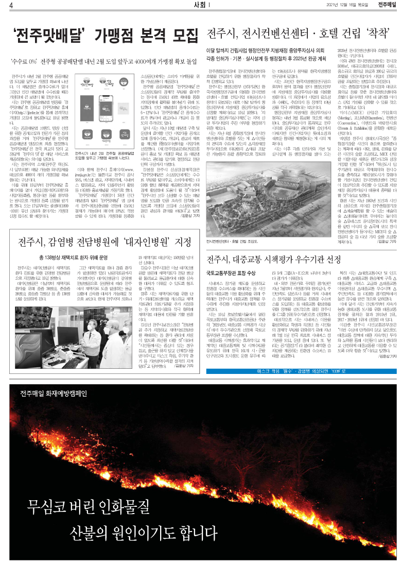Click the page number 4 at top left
point(4,5)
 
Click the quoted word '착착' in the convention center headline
point(373,35)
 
